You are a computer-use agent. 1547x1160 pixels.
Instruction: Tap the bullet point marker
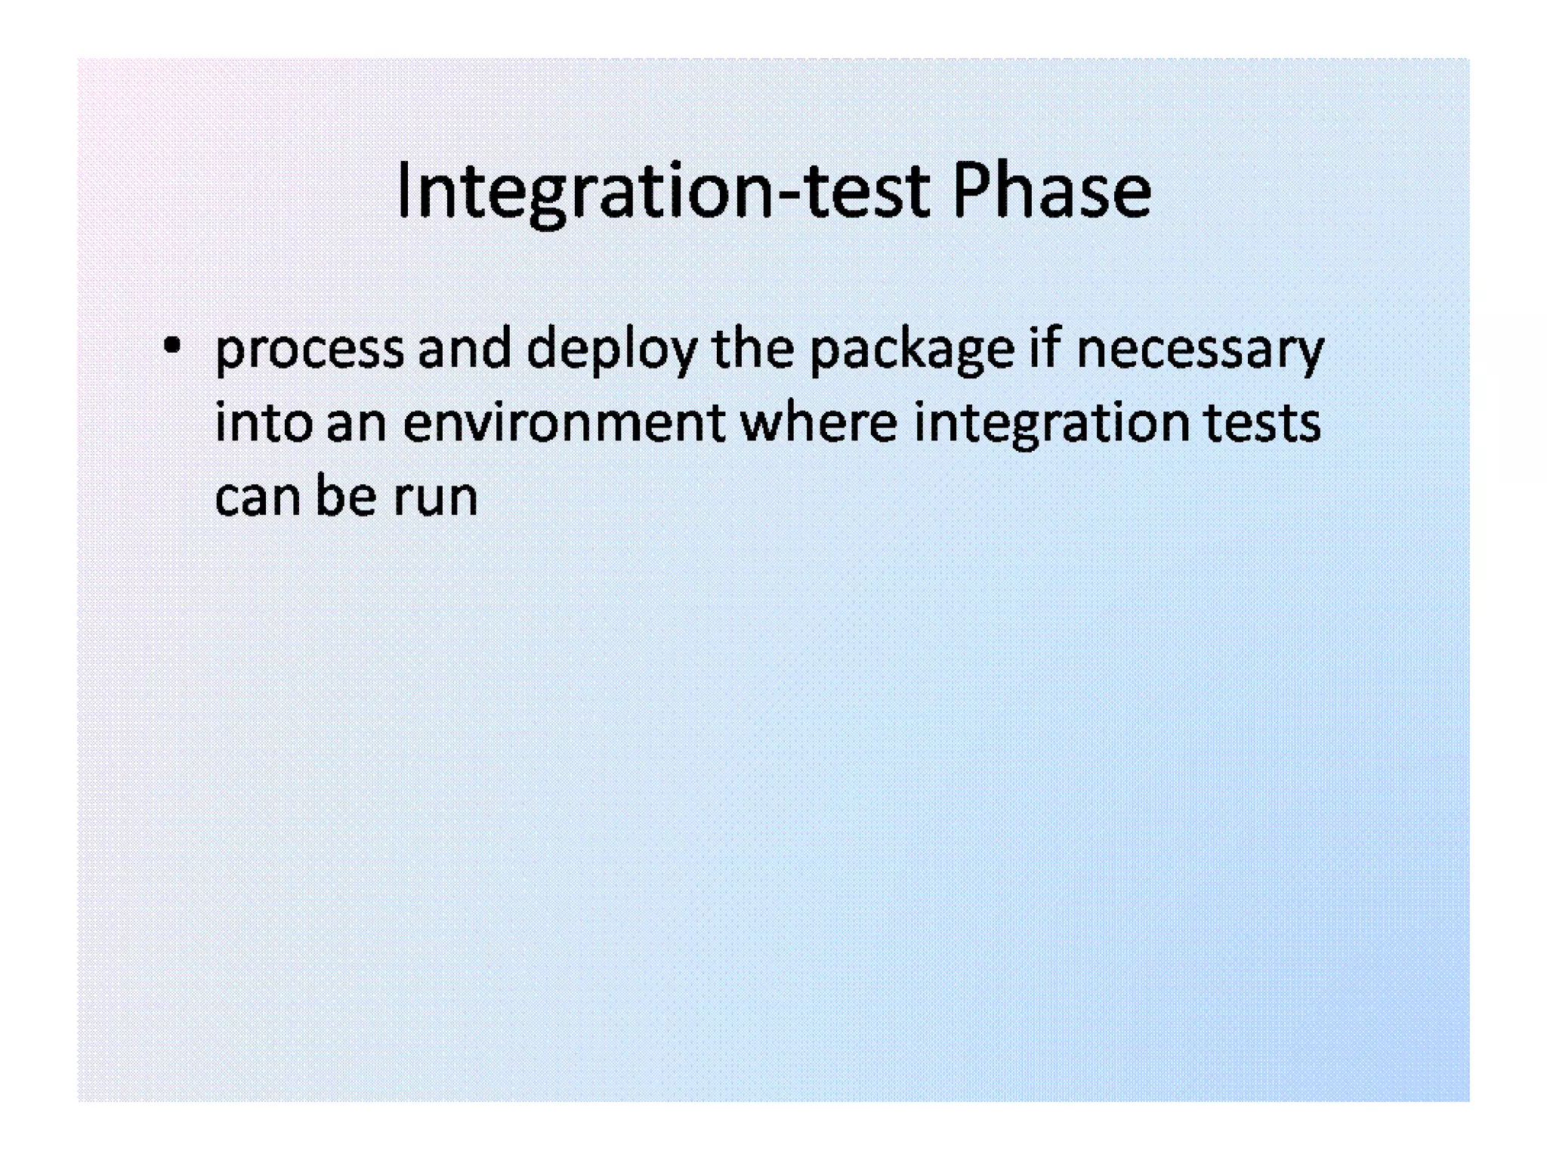(172, 347)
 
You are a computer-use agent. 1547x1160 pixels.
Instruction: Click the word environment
(564, 423)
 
